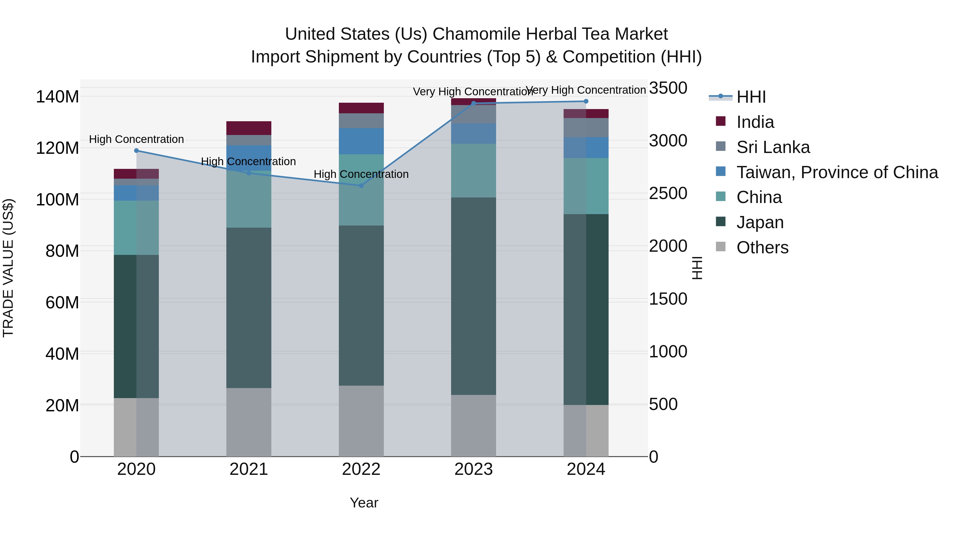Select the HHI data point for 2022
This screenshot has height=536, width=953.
(361, 185)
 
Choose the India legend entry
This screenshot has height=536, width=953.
(755, 122)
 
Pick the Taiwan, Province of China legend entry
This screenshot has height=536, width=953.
(837, 172)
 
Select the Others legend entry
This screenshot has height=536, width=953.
(762, 247)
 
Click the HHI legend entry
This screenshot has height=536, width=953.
(751, 97)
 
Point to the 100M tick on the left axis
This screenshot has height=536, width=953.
(57, 200)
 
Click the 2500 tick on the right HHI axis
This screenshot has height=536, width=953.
(668, 193)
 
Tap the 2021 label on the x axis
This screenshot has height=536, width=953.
(249, 469)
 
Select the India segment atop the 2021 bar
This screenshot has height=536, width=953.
(249, 128)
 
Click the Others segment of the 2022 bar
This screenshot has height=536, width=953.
(361, 421)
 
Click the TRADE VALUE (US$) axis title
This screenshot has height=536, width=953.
(8, 268)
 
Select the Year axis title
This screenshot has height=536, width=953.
(364, 503)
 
